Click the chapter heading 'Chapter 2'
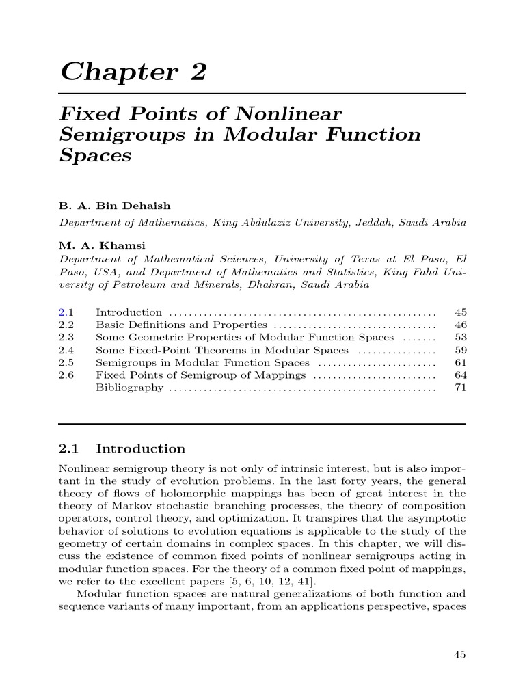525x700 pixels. (133, 71)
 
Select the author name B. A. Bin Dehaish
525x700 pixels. (115, 206)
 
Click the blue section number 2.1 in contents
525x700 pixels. (66, 312)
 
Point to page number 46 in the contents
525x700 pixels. (460, 325)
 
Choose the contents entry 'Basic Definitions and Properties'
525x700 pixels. (181, 325)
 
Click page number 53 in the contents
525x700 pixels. (460, 337)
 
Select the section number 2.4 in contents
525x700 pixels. (66, 350)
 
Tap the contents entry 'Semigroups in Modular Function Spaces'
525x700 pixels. (202, 362)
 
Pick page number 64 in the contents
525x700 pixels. (460, 375)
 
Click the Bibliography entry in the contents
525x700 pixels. (129, 388)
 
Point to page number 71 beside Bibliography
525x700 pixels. (460, 388)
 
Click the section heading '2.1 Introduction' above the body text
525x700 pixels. (122, 449)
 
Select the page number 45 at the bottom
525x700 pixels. (459, 654)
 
